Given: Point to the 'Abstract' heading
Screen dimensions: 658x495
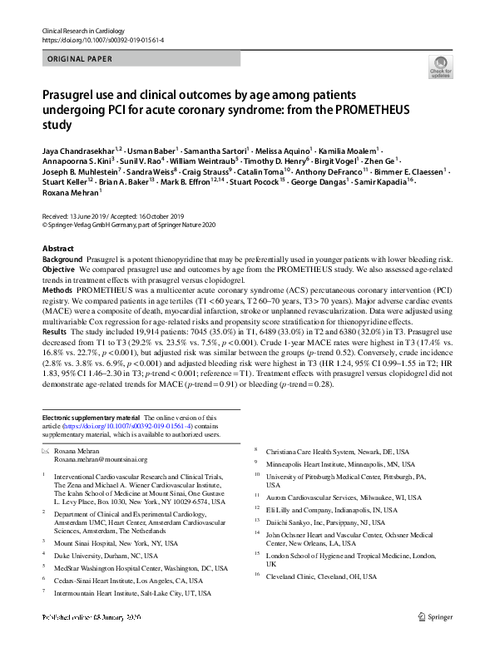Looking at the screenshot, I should coord(57,249).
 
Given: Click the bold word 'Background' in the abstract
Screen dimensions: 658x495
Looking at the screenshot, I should coord(63,260).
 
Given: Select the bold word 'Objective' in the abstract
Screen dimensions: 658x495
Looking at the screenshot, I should coord(59,270).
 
